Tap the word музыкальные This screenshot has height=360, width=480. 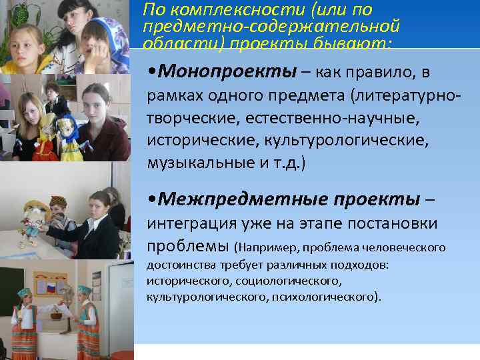(193, 163)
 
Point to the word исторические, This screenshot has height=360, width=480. (195, 141)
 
